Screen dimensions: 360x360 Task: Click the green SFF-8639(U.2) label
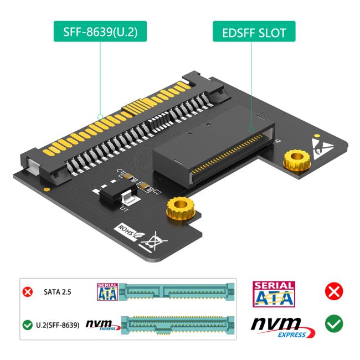coord(101,33)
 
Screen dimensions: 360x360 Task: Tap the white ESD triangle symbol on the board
coord(323,145)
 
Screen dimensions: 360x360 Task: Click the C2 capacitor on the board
coord(145,187)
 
